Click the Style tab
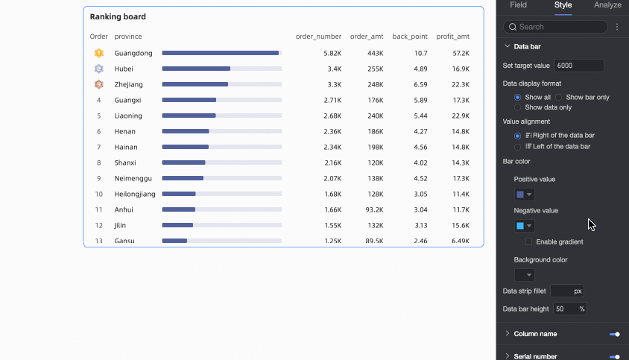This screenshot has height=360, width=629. [563, 5]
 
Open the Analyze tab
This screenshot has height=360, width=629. [607, 5]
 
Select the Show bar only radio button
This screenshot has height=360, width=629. [559, 98]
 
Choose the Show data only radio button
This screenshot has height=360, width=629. [518, 107]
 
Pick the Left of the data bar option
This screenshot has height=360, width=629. [518, 147]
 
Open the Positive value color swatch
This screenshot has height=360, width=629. [524, 195]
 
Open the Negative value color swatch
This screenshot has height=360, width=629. [524, 226]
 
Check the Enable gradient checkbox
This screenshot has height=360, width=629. [528, 241]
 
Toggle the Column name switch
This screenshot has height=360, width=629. [615, 334]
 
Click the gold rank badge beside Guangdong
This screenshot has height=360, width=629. [99, 54]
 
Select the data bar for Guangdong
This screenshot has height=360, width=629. [221, 54]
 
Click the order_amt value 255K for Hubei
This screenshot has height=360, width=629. [375, 69]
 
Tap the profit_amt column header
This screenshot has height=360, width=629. [452, 37]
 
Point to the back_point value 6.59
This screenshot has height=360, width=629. [420, 85]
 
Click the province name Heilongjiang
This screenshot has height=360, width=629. [135, 195]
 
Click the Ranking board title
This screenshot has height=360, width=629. [118, 16]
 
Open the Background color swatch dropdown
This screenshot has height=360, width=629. [524, 275]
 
